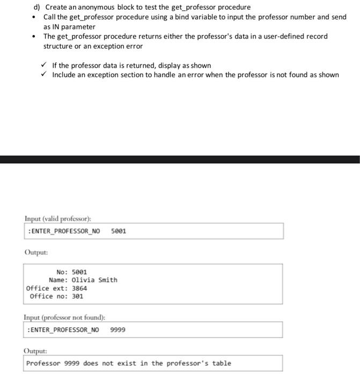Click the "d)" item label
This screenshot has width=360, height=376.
[x=38, y=8]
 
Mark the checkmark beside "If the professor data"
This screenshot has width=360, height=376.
[x=46, y=66]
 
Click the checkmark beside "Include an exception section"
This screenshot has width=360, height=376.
[x=46, y=75]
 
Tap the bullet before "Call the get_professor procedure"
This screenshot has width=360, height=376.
[x=34, y=17]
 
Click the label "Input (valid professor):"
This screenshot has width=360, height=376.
[x=58, y=219]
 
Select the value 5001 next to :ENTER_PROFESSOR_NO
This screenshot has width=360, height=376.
[x=119, y=232]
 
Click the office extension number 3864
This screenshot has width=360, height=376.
[x=79, y=288]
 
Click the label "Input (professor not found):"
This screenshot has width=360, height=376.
[x=64, y=317]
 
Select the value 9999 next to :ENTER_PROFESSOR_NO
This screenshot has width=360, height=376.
[x=118, y=330]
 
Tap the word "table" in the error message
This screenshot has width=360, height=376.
[x=222, y=364]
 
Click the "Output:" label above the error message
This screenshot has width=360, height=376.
[x=35, y=351]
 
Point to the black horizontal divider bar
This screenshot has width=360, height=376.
[x=180, y=160]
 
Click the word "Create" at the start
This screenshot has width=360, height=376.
[x=56, y=8]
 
